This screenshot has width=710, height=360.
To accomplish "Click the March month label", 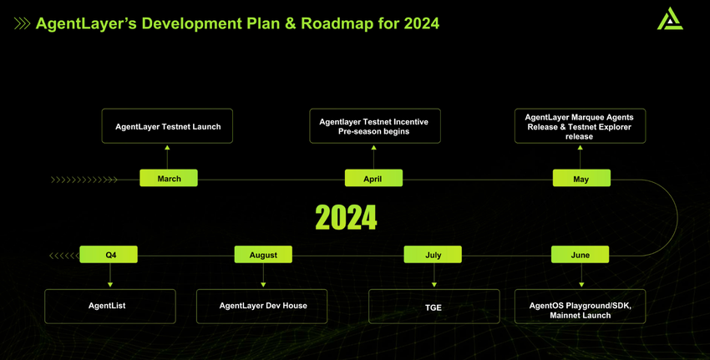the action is pyautogui.click(x=169, y=178).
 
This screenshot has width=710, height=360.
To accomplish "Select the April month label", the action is pyautogui.click(x=373, y=178).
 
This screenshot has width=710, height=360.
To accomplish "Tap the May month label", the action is pyautogui.click(x=581, y=178).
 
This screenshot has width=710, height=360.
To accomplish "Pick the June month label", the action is pyautogui.click(x=580, y=255).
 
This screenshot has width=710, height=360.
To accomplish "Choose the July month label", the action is pyautogui.click(x=433, y=255).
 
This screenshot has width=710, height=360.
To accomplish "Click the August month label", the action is pyautogui.click(x=263, y=255).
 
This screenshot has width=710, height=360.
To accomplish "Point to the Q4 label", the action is pyautogui.click(x=109, y=255).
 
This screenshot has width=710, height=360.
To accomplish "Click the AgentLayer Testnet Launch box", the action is pyautogui.click(x=167, y=126).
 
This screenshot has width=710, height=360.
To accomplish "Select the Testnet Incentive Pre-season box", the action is pyautogui.click(x=375, y=126).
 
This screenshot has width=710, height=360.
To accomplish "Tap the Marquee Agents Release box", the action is pyautogui.click(x=580, y=126).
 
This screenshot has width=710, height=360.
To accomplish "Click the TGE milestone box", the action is pyautogui.click(x=434, y=307).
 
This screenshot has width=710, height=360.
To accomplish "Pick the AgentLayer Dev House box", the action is pyautogui.click(x=261, y=307).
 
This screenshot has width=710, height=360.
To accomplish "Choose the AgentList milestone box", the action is pyautogui.click(x=110, y=307).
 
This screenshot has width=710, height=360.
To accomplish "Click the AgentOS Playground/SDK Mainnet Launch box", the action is pyautogui.click(x=580, y=307).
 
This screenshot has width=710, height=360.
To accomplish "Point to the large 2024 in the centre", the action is pyautogui.click(x=346, y=217).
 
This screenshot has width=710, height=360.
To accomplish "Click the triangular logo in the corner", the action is pyautogui.click(x=670, y=18).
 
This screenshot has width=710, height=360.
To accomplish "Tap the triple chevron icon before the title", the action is pyautogui.click(x=23, y=23).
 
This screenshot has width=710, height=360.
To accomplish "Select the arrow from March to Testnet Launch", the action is pyautogui.click(x=167, y=157).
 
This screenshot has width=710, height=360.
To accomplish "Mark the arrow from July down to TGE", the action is pyautogui.click(x=434, y=276).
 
